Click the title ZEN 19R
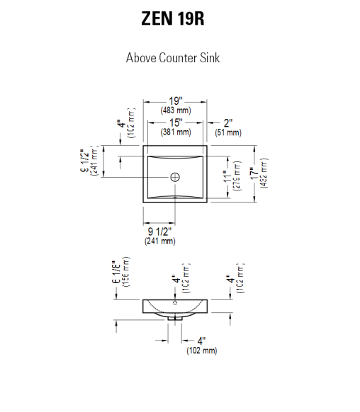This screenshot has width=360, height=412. point(173,19)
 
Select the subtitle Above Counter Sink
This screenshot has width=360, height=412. point(173,58)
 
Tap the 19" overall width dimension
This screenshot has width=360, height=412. point(176,101)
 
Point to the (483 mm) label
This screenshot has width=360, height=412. point(176,110)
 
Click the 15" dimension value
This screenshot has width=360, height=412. point(176,122)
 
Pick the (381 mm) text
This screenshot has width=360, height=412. point(176,132)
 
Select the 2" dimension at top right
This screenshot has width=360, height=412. point(228,122)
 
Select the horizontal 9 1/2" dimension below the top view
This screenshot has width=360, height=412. point(160,231)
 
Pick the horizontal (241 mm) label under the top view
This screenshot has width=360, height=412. point(160,241)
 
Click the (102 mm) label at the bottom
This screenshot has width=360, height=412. point(202,350)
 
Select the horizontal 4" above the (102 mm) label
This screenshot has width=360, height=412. point(202,341)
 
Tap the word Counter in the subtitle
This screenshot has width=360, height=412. point(175,58)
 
